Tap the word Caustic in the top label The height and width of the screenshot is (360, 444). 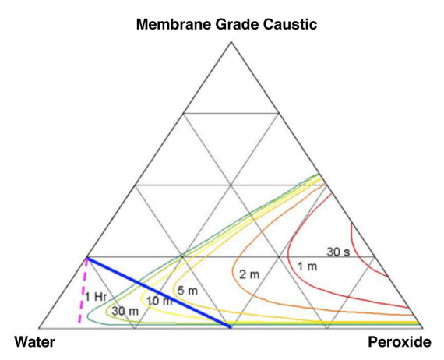click(290, 24)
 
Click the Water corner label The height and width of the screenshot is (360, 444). click(34, 341)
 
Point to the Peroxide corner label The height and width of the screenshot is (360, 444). click(400, 341)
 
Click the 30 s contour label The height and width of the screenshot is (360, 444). click(338, 252)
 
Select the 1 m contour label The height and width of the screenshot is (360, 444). click(307, 266)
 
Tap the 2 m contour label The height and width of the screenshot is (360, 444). click(249, 274)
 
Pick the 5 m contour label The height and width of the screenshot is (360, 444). click(188, 291)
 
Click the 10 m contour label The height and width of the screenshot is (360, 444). click(160, 301)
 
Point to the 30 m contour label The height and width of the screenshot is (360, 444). click(125, 311)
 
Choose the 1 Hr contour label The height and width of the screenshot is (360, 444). click(96, 297)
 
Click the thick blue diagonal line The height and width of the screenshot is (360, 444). click(159, 292)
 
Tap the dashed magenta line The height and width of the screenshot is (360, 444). click(83, 291)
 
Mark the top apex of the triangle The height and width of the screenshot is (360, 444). click(231, 42)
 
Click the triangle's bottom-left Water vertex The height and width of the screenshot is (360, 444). click(39, 328)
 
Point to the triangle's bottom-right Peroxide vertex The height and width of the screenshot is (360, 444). click(423, 328)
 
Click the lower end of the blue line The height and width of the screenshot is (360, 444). click(231, 327)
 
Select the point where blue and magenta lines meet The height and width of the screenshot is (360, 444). click(87, 258)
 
